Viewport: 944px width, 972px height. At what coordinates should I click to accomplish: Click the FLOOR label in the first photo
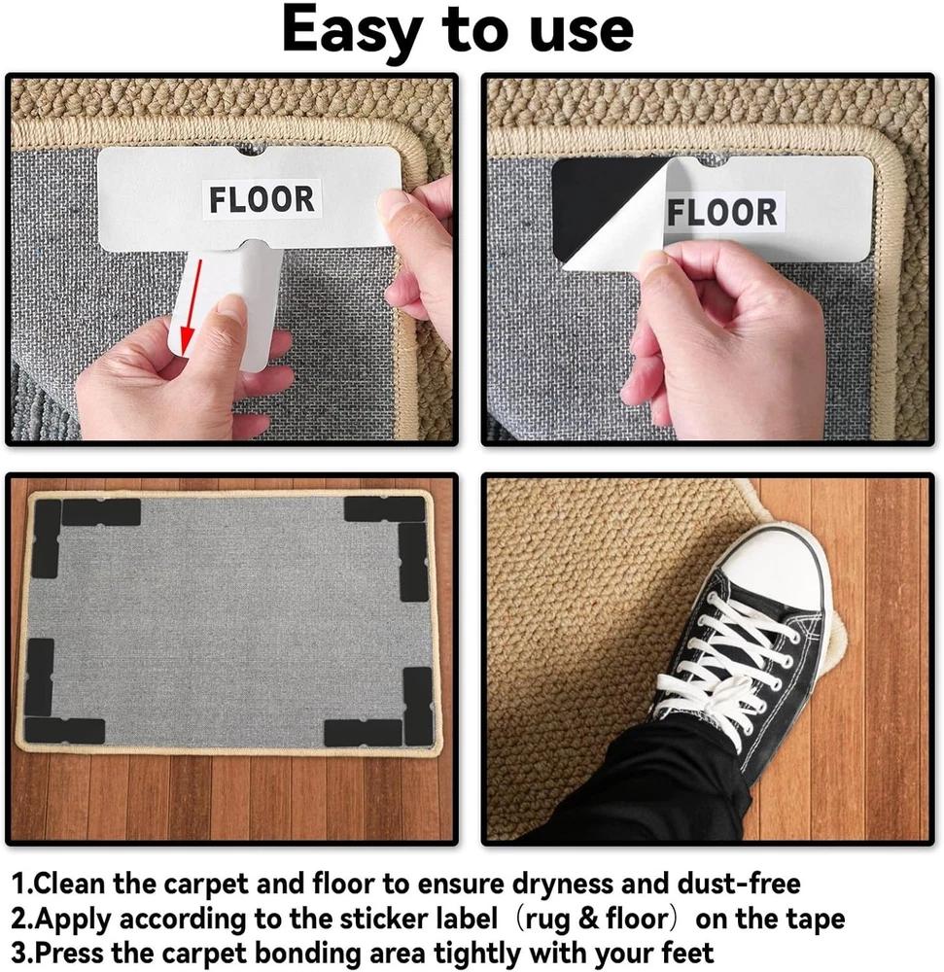click(x=262, y=199)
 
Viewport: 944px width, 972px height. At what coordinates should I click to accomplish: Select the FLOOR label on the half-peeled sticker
click(x=722, y=212)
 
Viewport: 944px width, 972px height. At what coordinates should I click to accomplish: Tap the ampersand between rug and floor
click(x=589, y=920)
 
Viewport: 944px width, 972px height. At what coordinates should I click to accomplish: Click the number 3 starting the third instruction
click(x=17, y=954)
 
